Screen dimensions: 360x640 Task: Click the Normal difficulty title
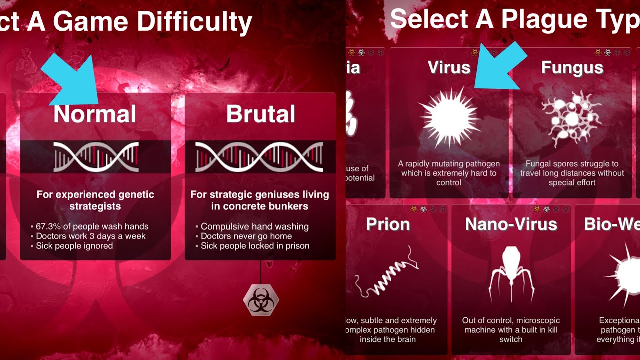click(95, 114)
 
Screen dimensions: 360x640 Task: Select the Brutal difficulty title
click(260, 114)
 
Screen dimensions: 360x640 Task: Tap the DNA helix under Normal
click(96, 157)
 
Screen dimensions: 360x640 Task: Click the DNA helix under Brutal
click(259, 157)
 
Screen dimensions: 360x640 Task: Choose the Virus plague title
click(449, 68)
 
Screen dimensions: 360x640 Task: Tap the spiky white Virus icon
click(449, 117)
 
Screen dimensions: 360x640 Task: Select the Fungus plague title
click(572, 68)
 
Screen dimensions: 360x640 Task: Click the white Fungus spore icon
click(571, 118)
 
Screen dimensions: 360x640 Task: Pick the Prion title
click(388, 224)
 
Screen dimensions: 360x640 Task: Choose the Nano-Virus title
click(511, 224)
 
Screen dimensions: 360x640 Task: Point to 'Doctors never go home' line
click(246, 236)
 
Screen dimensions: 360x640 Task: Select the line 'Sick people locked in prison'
click(255, 246)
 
